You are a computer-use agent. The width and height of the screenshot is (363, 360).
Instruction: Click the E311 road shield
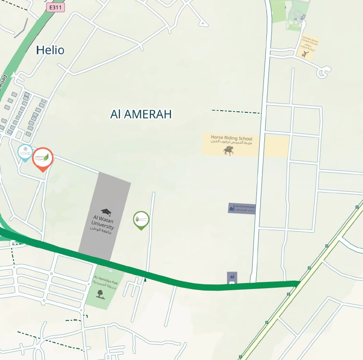tap(56, 7)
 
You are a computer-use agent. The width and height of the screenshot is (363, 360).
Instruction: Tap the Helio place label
tap(50, 51)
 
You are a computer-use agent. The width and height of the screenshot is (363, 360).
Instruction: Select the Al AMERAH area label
tap(141, 114)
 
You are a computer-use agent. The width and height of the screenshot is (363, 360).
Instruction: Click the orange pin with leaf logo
tap(43, 158)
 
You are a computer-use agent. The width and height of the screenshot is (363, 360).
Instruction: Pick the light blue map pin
tap(26, 152)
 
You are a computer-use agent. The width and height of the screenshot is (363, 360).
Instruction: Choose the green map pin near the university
tap(141, 220)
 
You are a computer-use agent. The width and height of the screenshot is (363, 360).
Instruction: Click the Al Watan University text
tap(102, 225)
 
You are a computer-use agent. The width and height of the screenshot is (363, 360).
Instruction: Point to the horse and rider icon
tap(228, 151)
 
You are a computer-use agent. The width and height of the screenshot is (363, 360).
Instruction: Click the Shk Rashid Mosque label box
tap(242, 208)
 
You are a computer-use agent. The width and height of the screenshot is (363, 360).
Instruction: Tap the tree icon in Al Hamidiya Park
tap(100, 293)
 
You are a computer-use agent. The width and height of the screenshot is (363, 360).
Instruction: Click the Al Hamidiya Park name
tap(106, 280)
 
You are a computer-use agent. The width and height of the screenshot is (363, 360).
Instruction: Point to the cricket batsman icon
tap(306, 53)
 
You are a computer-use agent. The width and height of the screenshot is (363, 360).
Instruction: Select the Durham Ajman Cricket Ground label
tap(310, 42)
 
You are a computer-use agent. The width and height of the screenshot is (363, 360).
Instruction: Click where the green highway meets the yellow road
tap(298, 284)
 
